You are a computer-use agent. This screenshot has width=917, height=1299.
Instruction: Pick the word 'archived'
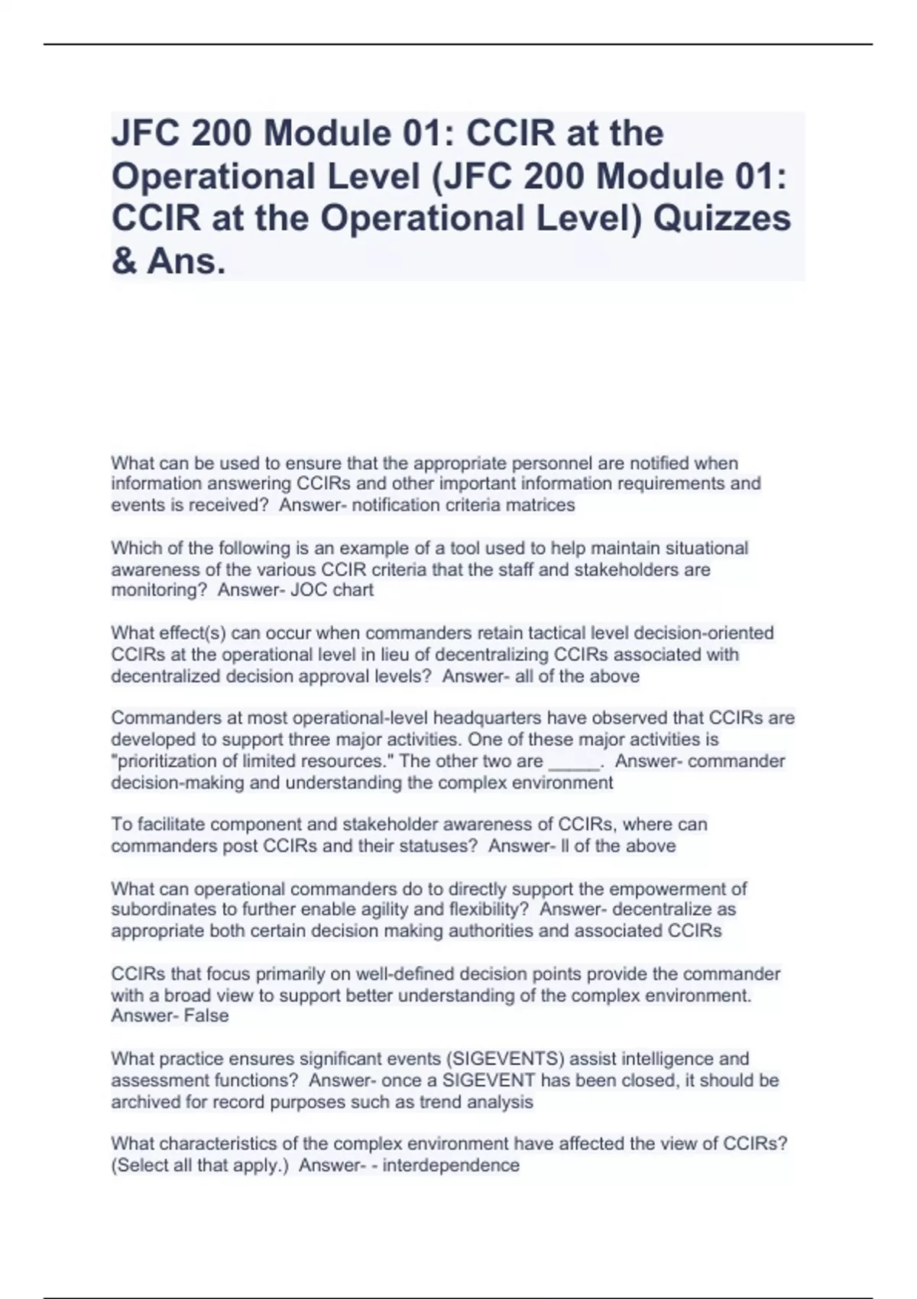click(x=144, y=1102)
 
